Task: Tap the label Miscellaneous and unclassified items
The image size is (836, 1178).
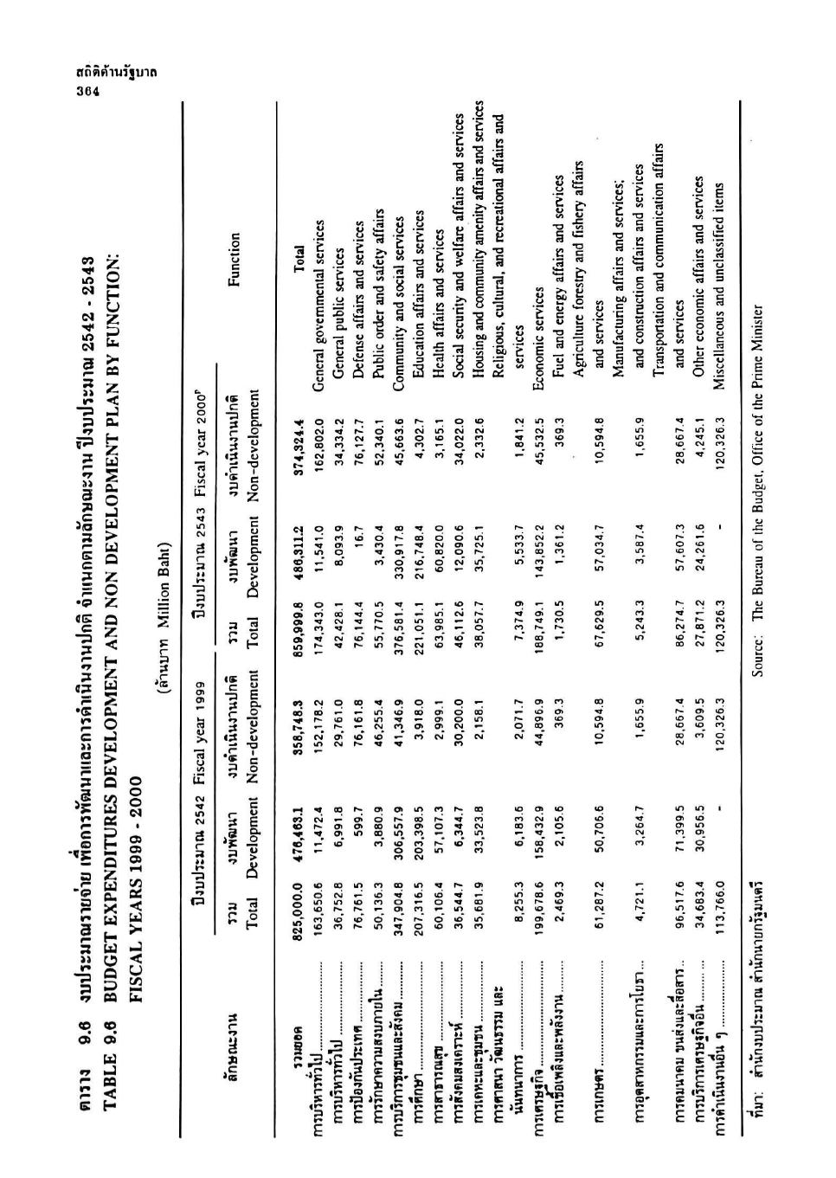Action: [717, 247]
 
